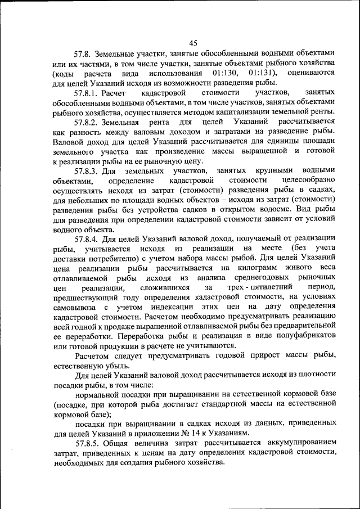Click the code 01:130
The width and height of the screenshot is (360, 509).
(x=228, y=73)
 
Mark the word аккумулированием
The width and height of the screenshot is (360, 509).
(x=295, y=443)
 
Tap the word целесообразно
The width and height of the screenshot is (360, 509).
(x=308, y=181)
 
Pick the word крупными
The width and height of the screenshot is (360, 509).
(x=270, y=170)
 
